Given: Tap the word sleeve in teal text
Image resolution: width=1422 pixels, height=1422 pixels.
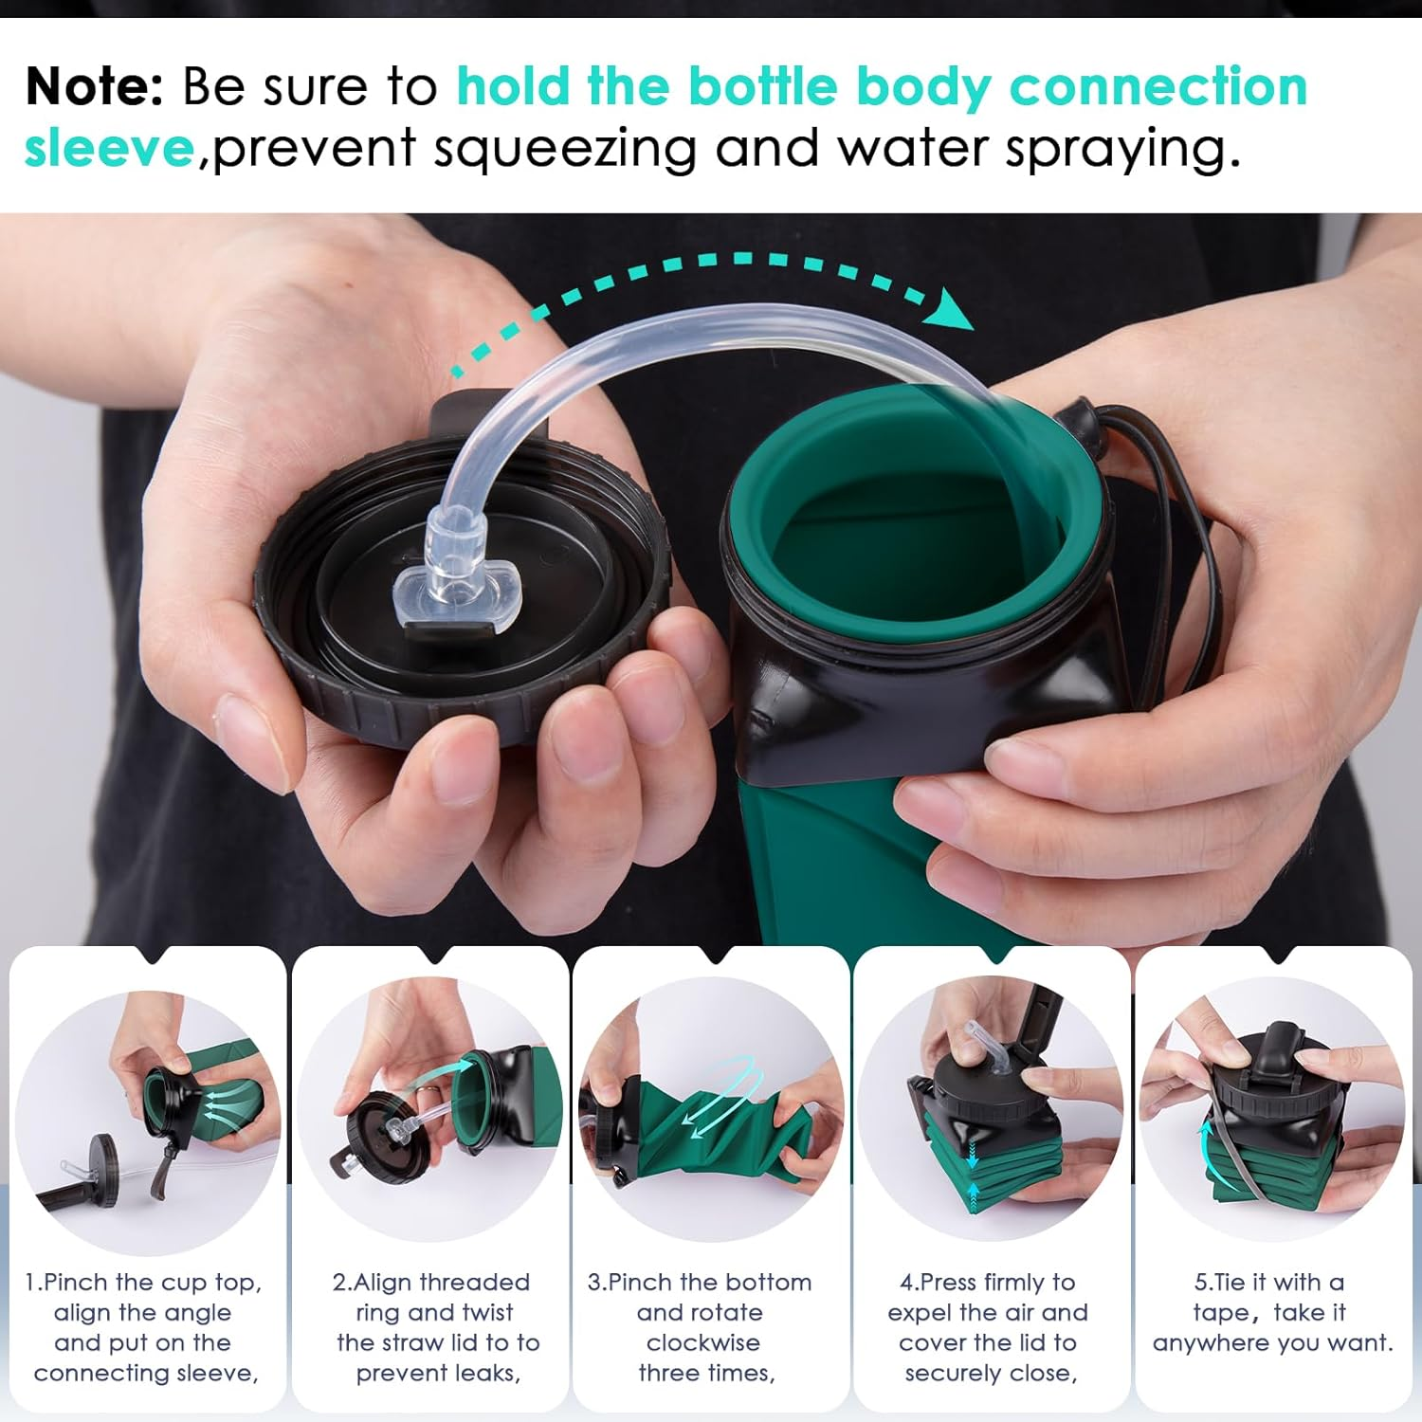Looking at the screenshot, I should pyautogui.click(x=109, y=149).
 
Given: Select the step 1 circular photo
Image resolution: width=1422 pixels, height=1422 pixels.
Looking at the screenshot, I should pyautogui.click(x=147, y=1119).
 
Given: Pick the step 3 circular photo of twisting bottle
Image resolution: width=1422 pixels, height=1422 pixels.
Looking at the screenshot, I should pyautogui.click(x=711, y=1109).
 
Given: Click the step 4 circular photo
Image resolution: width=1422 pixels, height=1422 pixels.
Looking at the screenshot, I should pyautogui.click(x=991, y=1109).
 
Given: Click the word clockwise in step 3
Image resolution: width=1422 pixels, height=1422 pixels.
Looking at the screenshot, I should pyautogui.click(x=702, y=1342).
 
